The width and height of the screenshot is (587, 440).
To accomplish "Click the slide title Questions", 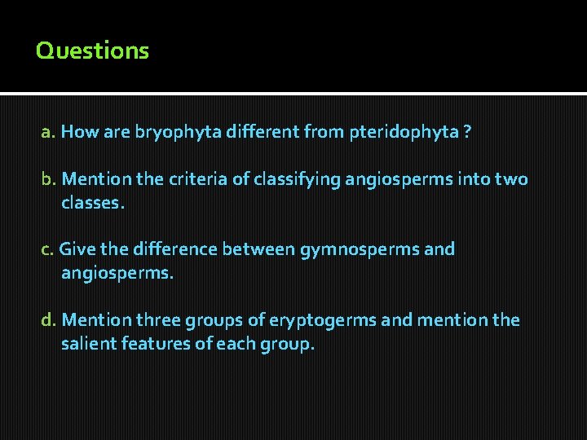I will tap(92, 51).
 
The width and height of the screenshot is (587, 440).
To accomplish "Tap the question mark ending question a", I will tap(466, 132).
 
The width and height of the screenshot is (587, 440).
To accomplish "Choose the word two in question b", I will tap(510, 179).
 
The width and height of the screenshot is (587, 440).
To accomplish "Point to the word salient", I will tap(88, 344).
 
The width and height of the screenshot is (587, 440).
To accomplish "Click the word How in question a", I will tap(79, 132).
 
